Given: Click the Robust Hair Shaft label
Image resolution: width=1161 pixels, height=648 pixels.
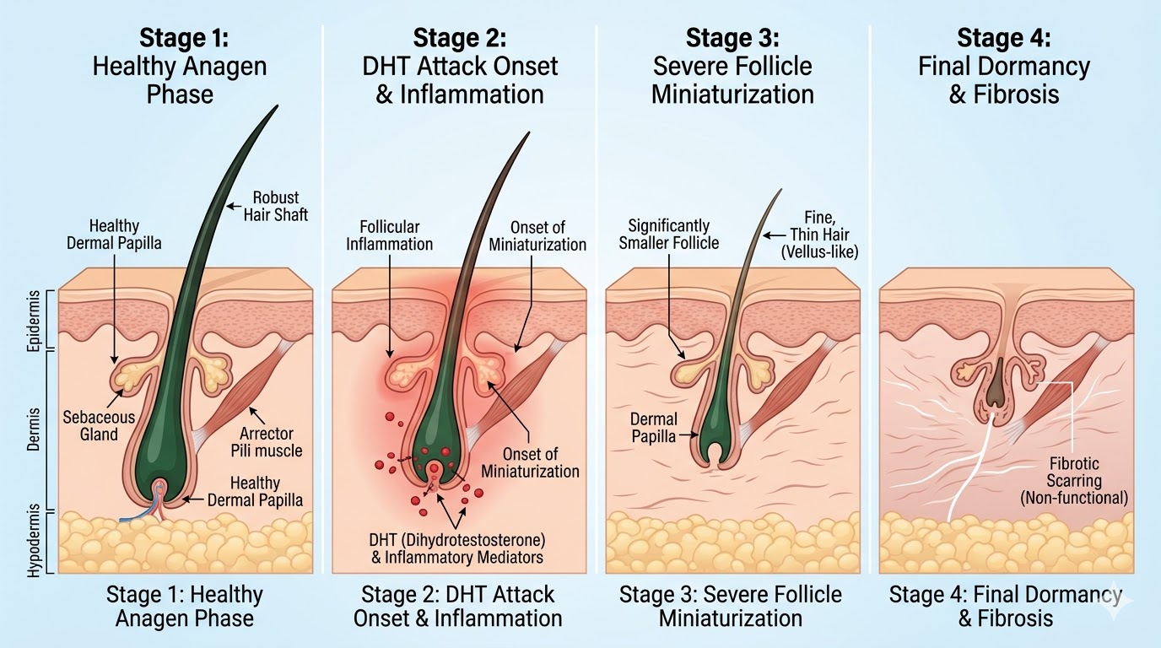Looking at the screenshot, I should [x=275, y=206].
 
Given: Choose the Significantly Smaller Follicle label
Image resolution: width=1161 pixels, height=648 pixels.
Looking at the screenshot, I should [x=668, y=234].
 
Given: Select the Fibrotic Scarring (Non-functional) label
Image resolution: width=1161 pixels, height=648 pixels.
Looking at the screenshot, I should [x=1073, y=481].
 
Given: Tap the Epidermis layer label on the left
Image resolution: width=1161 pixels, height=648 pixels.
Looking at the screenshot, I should [x=34, y=319].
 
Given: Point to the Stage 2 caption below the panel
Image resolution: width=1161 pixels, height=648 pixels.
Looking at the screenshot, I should [x=458, y=605].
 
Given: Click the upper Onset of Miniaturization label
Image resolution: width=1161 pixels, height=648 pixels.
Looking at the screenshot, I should [x=537, y=235].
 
